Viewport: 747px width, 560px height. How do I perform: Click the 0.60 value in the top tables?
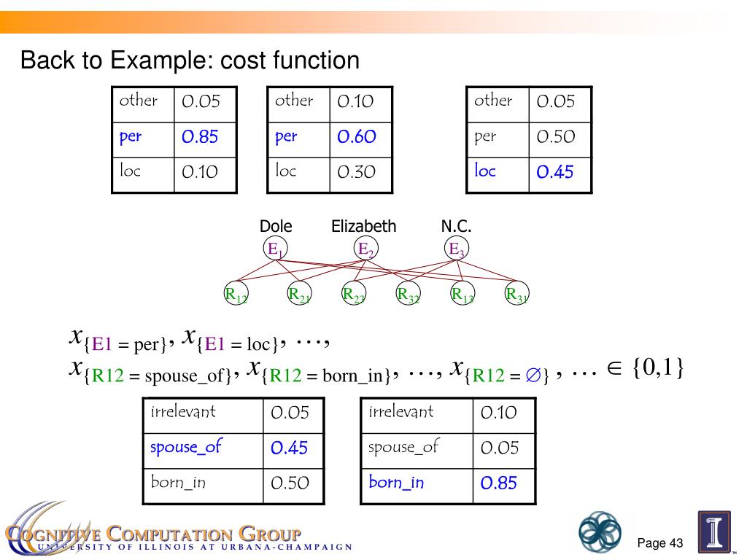356,137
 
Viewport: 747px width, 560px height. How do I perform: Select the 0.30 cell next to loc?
356,172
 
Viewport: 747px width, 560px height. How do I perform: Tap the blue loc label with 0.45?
485,171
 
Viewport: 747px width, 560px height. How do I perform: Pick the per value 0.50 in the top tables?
555,137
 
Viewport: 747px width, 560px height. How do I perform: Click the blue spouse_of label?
185,447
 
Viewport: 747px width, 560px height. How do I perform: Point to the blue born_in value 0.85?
499,483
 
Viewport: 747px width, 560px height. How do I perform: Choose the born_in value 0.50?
290,483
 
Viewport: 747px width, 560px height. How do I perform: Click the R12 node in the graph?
235,295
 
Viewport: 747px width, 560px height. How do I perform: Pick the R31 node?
517,295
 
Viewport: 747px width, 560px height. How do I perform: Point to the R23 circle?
354,295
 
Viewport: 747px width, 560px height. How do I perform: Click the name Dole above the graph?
276,227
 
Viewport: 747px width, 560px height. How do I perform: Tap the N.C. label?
456,227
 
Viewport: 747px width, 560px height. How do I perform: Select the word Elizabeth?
364,227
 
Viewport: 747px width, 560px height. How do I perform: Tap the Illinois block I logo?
714,532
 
